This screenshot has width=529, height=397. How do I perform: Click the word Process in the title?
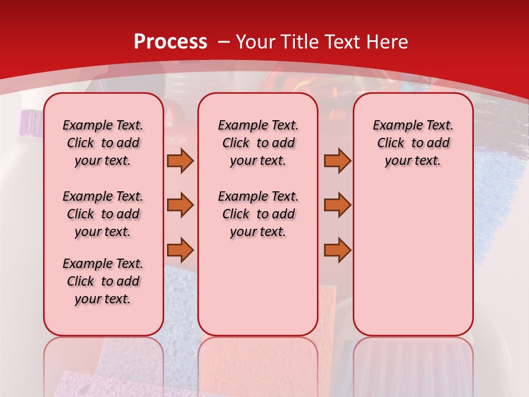tap(170, 42)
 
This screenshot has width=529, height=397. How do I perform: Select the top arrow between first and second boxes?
tap(180, 160)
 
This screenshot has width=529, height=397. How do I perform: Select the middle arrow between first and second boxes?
tap(180, 205)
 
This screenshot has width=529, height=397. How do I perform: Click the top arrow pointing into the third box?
tap(337, 160)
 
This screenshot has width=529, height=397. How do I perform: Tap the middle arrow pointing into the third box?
tap(337, 205)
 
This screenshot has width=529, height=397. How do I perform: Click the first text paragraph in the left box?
tap(103, 143)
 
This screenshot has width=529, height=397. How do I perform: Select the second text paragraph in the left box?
tap(103, 214)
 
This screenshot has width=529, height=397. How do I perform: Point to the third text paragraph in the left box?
tap(103, 281)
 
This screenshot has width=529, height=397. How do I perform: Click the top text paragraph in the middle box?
tap(258, 143)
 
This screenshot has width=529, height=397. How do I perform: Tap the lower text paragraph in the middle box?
tap(258, 214)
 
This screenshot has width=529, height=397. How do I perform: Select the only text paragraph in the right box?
tap(413, 143)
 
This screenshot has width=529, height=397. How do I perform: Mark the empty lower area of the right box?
tap(413, 259)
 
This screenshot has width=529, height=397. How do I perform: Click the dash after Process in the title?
tap(224, 42)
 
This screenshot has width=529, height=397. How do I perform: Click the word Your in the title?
tap(256, 42)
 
